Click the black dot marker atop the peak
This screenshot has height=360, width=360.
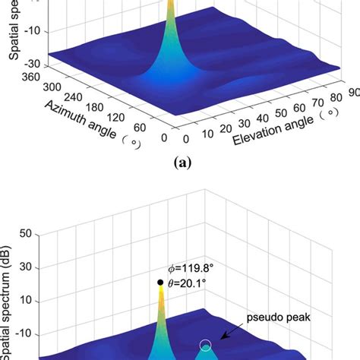click(x=160, y=283)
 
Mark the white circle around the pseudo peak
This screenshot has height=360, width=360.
click(x=206, y=346)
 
